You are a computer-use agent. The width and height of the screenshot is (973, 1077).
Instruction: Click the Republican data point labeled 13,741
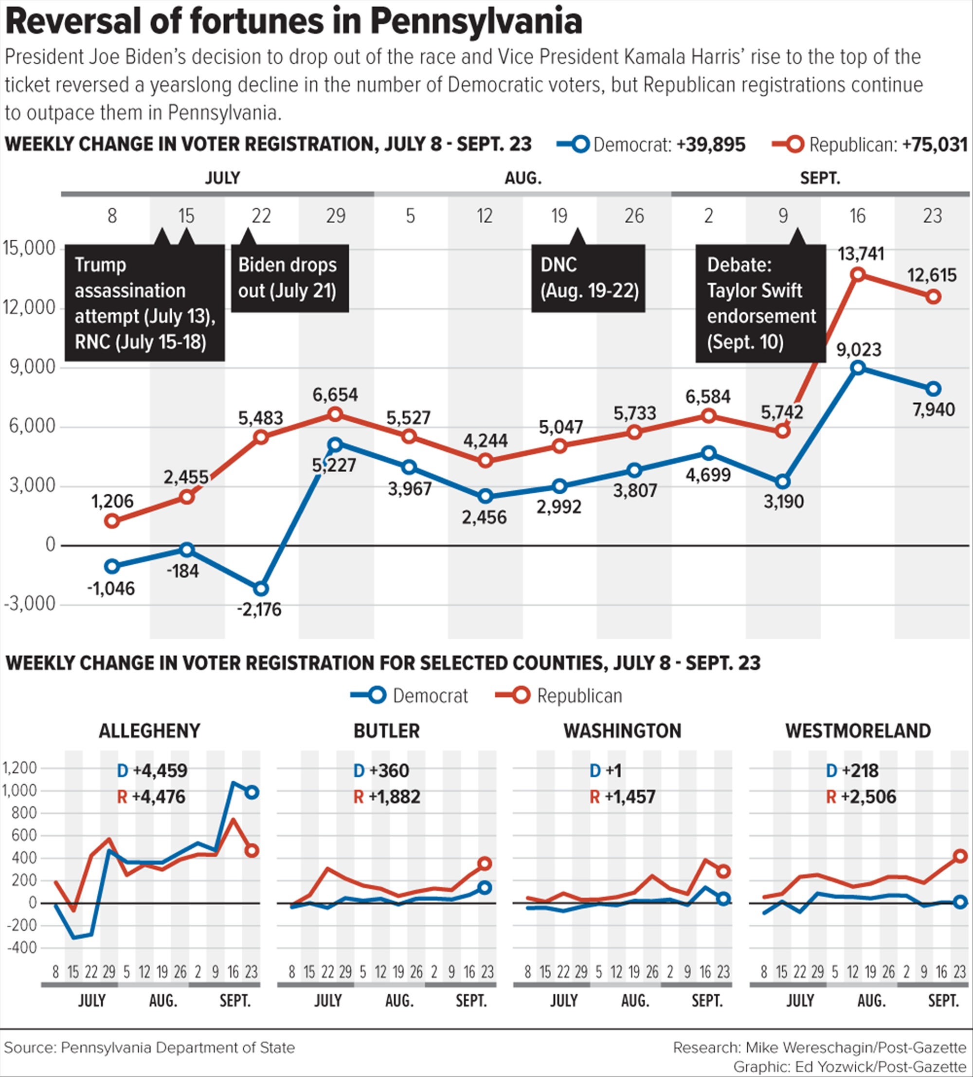point(858,274)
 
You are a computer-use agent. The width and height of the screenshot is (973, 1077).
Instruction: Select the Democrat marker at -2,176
point(261,589)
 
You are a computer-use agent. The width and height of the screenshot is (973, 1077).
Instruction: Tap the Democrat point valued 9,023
point(858,368)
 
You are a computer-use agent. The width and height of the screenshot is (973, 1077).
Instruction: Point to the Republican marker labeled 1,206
point(112,521)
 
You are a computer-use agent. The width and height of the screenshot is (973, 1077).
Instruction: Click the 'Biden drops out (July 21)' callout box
point(289,278)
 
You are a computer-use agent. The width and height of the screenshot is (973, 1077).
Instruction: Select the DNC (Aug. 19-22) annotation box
point(588,278)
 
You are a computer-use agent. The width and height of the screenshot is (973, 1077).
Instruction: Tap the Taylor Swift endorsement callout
point(760,303)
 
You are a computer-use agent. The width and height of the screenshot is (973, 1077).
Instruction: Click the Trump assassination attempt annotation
point(144,303)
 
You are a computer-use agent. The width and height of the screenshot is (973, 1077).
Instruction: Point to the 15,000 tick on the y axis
point(29,248)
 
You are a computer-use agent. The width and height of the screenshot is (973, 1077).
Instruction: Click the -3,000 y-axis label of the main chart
point(29,604)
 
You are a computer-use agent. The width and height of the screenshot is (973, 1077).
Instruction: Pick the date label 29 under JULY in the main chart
point(336,216)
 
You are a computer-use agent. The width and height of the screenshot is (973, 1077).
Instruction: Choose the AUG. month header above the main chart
point(523,178)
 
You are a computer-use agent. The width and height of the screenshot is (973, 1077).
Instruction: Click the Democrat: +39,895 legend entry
point(652,144)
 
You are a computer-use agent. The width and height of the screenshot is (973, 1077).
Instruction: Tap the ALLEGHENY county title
point(150,730)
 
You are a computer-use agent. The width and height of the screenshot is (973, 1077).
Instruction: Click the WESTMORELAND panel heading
point(858,730)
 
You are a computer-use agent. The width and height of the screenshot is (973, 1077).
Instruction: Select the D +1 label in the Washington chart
point(605,771)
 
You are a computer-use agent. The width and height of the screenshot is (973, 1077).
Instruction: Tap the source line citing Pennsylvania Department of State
point(150,1047)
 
